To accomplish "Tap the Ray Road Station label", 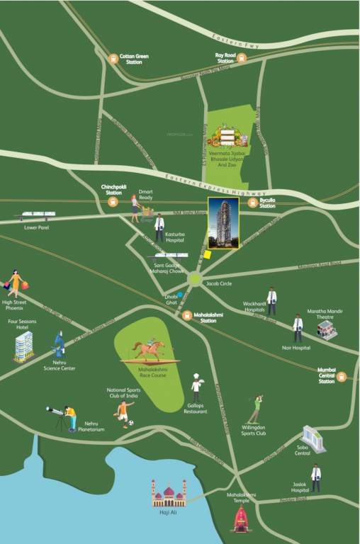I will [x=225, y=58].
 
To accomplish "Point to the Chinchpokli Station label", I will [x=113, y=190].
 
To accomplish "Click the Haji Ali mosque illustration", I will [x=169, y=494].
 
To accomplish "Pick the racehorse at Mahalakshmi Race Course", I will [x=150, y=348].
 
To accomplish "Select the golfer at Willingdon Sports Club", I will [x=254, y=409].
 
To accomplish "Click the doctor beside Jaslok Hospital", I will [x=315, y=478].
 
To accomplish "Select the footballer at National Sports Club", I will [x=125, y=414].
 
